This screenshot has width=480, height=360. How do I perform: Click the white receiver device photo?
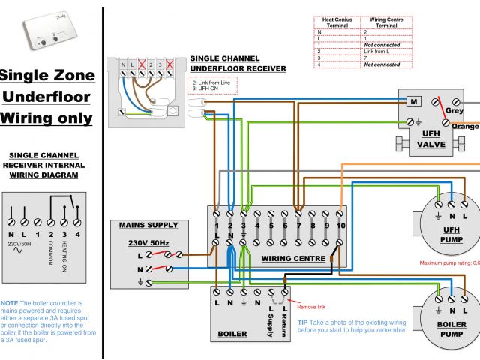(46, 34)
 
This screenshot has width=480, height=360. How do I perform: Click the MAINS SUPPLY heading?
(148, 225)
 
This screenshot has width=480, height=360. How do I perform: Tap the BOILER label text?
(232, 334)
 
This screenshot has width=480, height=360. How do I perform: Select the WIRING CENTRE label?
(293, 258)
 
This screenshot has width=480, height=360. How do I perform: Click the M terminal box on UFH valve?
(412, 101)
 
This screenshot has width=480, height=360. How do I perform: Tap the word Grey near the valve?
(454, 110)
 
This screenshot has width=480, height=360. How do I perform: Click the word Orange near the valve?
(465, 126)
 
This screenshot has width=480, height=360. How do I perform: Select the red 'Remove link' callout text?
(312, 307)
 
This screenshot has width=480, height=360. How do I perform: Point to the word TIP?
(303, 322)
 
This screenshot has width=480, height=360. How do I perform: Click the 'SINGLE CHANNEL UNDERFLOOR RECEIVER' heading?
(238, 63)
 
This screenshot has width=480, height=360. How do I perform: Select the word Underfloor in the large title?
(48, 96)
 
